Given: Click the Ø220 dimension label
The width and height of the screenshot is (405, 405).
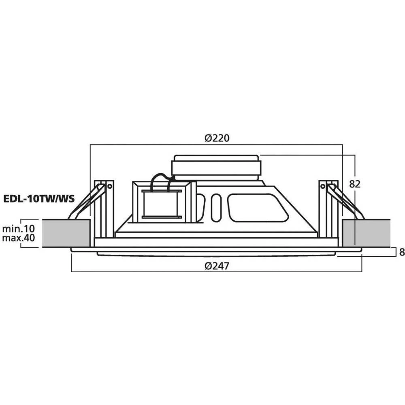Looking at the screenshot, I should click(217, 138).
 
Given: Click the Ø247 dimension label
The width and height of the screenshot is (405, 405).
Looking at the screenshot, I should click(217, 266).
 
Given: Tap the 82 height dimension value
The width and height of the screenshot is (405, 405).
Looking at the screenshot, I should click(355, 184).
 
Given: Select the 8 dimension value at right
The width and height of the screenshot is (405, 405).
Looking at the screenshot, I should click(401, 252).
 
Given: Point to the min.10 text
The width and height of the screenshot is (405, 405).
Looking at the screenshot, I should click(18, 229).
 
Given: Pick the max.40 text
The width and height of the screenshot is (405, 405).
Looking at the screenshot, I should click(18, 238).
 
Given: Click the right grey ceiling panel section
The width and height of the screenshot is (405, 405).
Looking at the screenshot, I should click(366, 233).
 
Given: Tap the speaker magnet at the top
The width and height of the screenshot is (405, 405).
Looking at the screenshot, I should click(216, 167).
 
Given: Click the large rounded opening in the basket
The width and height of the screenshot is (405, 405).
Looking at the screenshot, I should click(258, 208).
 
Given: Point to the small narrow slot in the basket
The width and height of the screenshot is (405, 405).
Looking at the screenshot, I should click(216, 207).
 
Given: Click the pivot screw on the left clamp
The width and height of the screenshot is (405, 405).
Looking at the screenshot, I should click(109, 186).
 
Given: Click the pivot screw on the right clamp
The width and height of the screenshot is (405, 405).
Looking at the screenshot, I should click(323, 186).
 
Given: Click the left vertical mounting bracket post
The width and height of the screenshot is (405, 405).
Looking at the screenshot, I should click(104, 211).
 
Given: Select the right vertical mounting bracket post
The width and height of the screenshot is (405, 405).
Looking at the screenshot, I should click(328, 211).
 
